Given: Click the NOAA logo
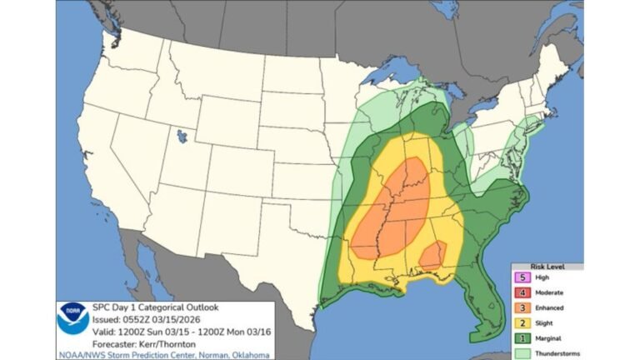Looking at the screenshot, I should click(73, 317).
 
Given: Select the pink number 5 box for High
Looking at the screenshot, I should click(522, 277).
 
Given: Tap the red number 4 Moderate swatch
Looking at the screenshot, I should click(522, 292).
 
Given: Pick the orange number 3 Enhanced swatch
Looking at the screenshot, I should click(522, 307).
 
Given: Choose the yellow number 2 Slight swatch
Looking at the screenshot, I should click(522, 322).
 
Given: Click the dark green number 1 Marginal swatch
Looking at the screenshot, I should click(522, 337).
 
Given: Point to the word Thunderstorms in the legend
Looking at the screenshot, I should click(556, 352).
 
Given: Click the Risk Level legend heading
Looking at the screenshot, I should click(547, 267).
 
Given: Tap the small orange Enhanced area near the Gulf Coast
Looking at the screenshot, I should click(432, 255).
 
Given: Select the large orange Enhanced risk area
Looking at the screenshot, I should click(392, 208).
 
